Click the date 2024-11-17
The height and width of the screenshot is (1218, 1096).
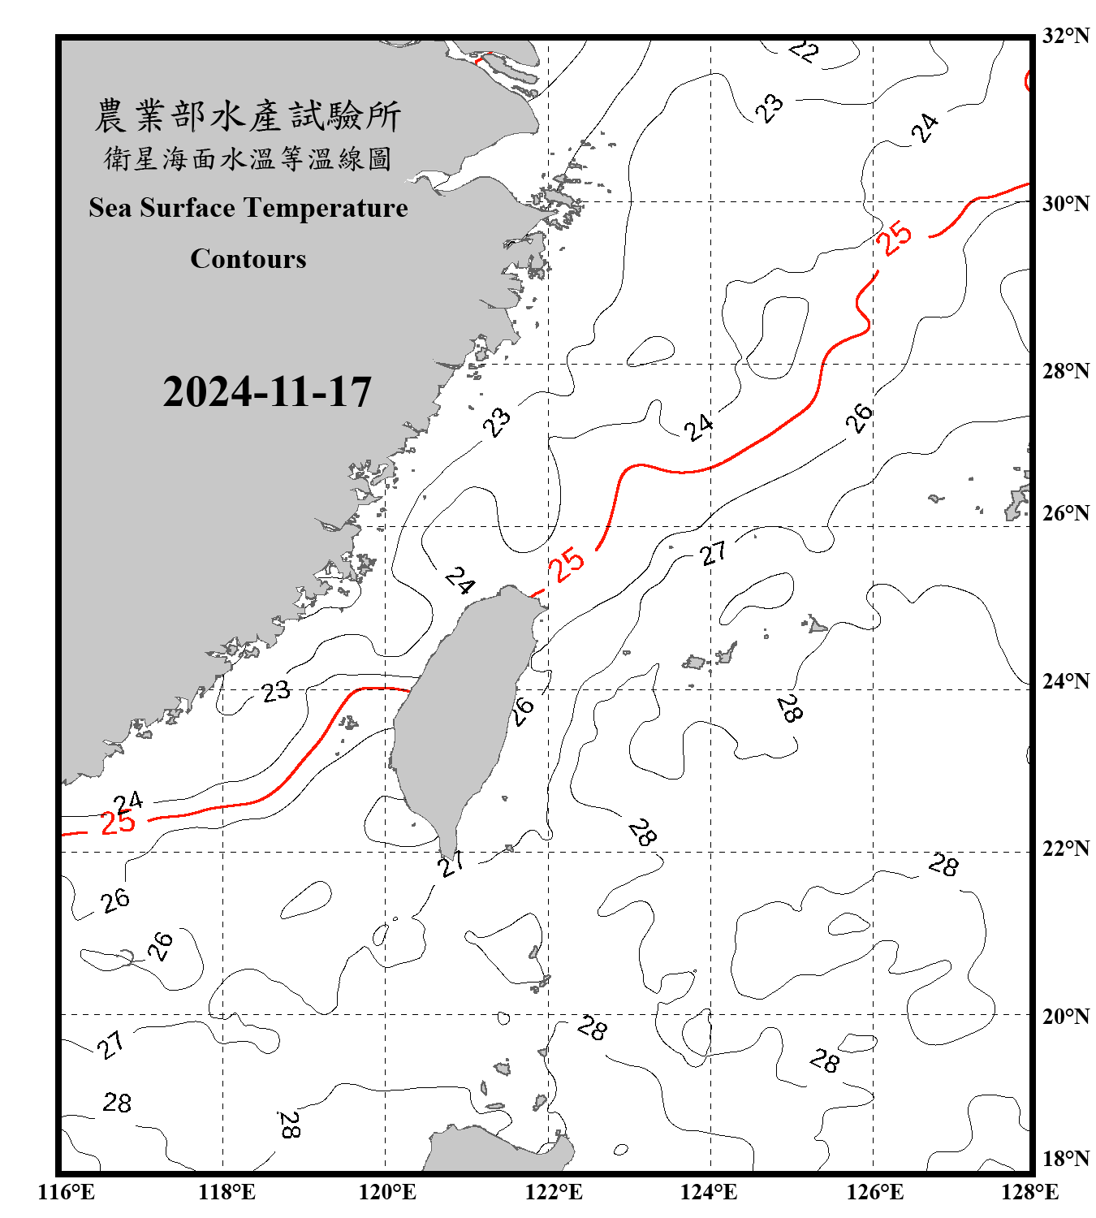point(267,392)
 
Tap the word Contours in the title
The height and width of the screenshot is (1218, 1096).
point(248,259)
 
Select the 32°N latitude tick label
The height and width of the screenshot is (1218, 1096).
point(1065,36)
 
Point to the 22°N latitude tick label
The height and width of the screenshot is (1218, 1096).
point(1065,849)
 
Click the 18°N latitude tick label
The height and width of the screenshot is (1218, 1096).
point(1065,1159)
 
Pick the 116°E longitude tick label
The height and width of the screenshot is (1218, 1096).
point(67,1192)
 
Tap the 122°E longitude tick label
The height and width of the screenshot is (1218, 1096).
point(554,1192)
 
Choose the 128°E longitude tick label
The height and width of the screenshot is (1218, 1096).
point(1029,1192)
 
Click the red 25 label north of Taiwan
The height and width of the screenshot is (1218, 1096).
point(566,564)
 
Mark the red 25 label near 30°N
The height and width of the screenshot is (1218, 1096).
point(894,238)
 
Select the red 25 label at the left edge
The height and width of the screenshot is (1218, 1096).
point(118,823)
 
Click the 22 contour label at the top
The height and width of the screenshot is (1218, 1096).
point(804,51)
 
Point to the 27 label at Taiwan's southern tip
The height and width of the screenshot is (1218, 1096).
point(451,863)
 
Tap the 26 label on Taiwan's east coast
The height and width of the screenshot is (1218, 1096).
point(523,710)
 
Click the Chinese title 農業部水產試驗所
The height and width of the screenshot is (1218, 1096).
point(248,116)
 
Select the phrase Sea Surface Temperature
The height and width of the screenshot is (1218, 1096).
point(248,208)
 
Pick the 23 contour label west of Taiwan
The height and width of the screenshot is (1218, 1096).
point(276,691)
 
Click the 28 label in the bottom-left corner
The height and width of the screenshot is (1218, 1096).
point(117,1103)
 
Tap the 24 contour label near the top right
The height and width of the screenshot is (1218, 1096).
point(925,128)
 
